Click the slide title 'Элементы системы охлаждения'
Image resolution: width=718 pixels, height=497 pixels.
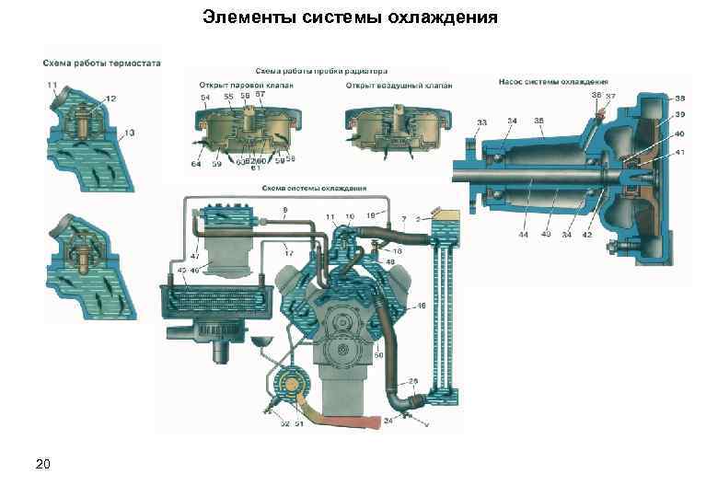tap(351, 17)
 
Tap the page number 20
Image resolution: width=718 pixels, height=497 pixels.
tap(43, 462)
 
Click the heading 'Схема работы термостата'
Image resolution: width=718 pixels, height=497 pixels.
tap(101, 64)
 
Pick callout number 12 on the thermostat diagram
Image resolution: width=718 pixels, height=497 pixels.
tap(110, 98)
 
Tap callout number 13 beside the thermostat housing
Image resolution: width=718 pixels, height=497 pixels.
tap(130, 133)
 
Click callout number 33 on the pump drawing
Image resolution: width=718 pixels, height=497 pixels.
tap(481, 121)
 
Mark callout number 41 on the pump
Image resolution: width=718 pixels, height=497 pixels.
tap(679, 151)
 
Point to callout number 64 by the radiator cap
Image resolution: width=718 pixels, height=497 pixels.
tap(196, 164)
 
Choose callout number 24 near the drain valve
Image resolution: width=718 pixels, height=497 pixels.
tap(388, 421)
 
